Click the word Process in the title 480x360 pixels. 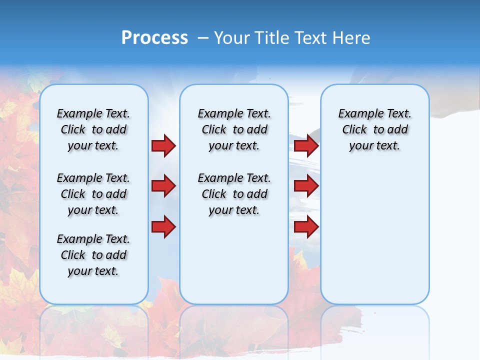(x=154, y=38)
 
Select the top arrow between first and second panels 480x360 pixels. (x=163, y=145)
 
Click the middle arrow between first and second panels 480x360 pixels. (x=163, y=186)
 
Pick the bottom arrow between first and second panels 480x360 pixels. (x=163, y=226)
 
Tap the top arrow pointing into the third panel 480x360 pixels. (x=306, y=145)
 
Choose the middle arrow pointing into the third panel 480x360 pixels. (x=306, y=186)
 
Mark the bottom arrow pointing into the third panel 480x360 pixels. (x=306, y=226)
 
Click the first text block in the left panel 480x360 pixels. (x=93, y=129)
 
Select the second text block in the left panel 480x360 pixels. (x=93, y=194)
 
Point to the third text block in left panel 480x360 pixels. (x=93, y=255)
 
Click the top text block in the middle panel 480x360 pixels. (x=234, y=129)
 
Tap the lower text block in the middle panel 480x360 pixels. (x=234, y=194)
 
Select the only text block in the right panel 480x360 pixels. (x=374, y=129)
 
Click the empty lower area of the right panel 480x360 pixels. (x=374, y=235)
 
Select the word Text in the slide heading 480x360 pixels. (x=310, y=38)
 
